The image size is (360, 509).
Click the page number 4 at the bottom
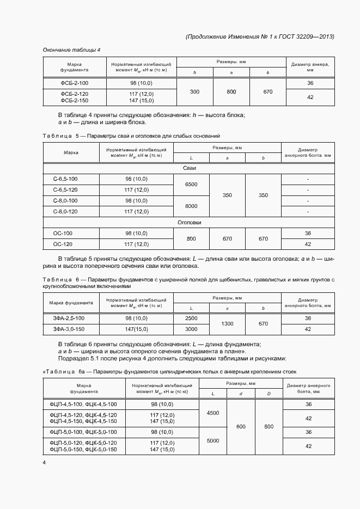45,462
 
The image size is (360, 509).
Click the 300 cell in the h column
194,92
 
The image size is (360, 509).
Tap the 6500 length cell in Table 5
191,184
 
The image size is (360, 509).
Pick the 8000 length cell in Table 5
191,206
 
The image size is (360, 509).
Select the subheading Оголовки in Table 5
189,223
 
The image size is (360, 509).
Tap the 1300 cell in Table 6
227,323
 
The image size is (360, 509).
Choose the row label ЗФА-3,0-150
69,329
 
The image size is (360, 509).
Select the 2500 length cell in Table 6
191,318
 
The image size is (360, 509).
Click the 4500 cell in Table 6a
212,413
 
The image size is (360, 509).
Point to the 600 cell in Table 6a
241,427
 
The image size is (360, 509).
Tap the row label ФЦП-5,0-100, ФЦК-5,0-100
83,432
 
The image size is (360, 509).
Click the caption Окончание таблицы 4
71,50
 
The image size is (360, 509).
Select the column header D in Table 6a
269,394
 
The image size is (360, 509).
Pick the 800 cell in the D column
269,427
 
